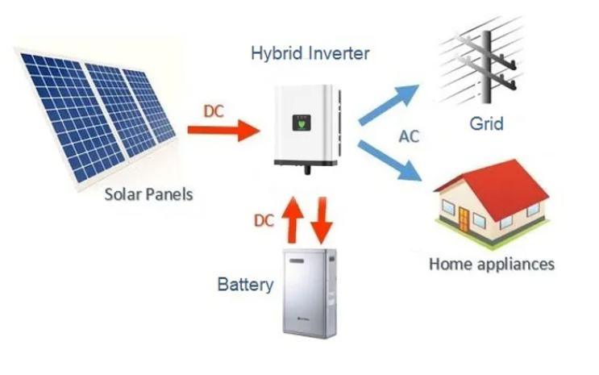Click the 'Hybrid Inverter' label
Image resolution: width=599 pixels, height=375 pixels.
pyautogui.click(x=310, y=54)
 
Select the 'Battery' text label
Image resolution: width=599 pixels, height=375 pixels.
pyautogui.click(x=245, y=285)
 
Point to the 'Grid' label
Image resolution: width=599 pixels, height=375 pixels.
pyautogui.click(x=486, y=123)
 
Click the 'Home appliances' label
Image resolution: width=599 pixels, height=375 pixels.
pyautogui.click(x=492, y=264)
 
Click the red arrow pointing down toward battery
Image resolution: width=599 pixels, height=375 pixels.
pyautogui.click(x=322, y=220)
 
